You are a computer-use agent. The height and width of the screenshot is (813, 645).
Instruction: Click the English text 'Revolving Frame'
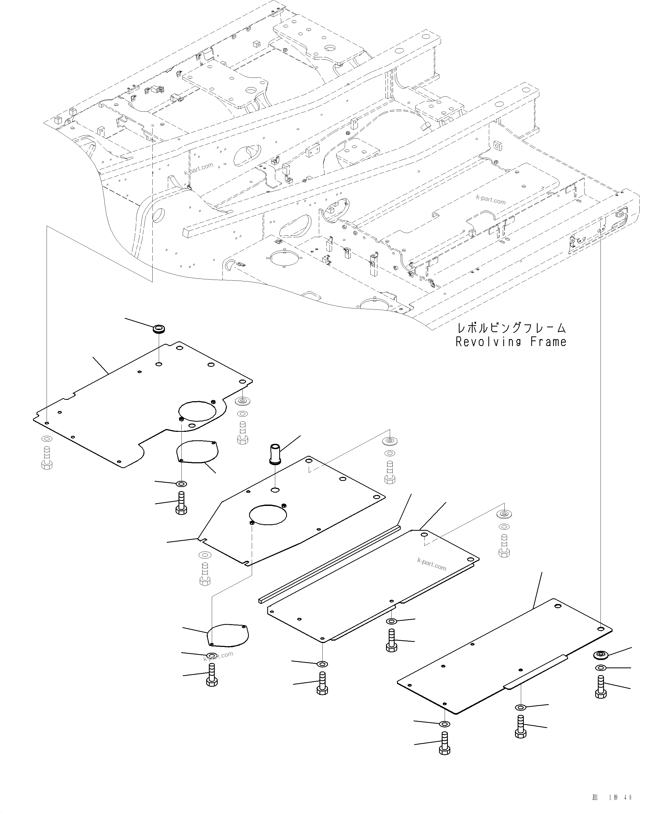pos(511,342)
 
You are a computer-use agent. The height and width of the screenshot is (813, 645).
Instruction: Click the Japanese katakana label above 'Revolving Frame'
pos(511,328)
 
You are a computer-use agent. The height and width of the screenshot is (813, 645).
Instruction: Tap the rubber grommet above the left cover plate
pos(159,329)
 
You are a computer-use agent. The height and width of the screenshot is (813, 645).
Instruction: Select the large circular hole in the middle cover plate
pos(268,515)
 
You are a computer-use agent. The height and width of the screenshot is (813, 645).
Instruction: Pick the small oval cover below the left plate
pos(197,451)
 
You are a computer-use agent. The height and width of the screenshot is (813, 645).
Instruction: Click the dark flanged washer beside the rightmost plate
pos(601,655)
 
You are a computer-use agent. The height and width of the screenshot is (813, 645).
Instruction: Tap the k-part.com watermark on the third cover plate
pos(432,565)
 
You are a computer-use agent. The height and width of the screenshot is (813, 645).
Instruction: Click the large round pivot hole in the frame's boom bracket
pos(158,215)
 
